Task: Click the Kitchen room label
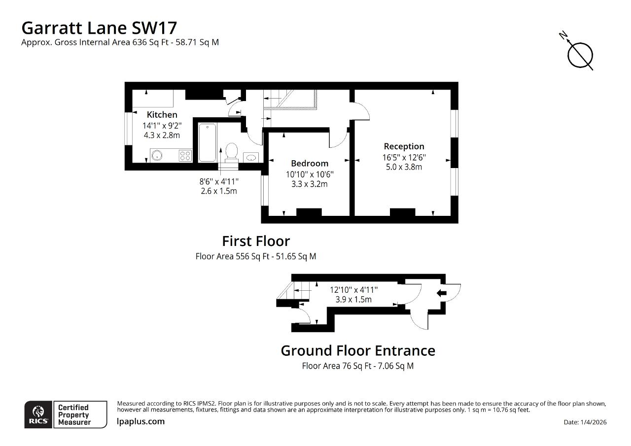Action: [x=162, y=115]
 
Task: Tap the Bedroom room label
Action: [x=310, y=163]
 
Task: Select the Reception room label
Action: [x=404, y=146]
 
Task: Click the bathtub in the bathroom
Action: [x=208, y=142]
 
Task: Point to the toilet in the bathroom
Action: [x=232, y=153]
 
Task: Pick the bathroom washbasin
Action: [x=251, y=157]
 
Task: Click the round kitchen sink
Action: [x=157, y=155]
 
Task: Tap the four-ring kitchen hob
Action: [x=185, y=155]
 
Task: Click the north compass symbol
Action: [x=578, y=54]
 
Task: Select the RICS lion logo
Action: [x=38, y=414]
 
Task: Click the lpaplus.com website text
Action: [x=140, y=421]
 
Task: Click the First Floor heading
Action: [x=256, y=241]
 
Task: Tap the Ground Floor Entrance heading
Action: [x=358, y=351]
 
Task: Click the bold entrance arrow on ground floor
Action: [x=441, y=293]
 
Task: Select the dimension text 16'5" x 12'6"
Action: [x=404, y=157]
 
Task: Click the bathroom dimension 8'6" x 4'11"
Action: [x=219, y=182]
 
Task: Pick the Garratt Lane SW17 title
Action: [x=99, y=28]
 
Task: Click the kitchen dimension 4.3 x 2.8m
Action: [x=162, y=135]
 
